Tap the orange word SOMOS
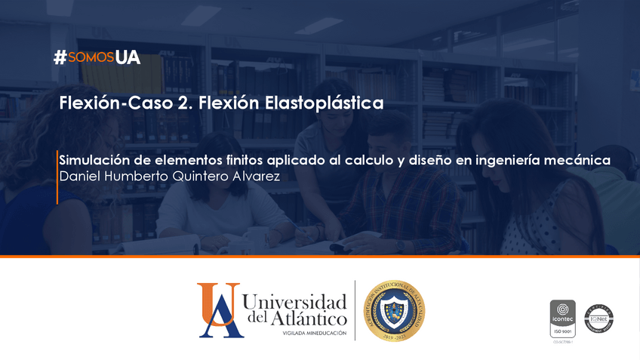(x=90, y=58)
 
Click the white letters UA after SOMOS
(x=128, y=58)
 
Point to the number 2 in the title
(x=183, y=103)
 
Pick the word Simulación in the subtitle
(x=95, y=160)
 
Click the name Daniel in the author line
(x=80, y=177)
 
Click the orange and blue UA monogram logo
(x=219, y=309)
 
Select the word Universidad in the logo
(x=295, y=302)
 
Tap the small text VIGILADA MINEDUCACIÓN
(x=314, y=333)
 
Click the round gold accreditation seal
(x=394, y=309)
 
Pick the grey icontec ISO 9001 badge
(x=562, y=319)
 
